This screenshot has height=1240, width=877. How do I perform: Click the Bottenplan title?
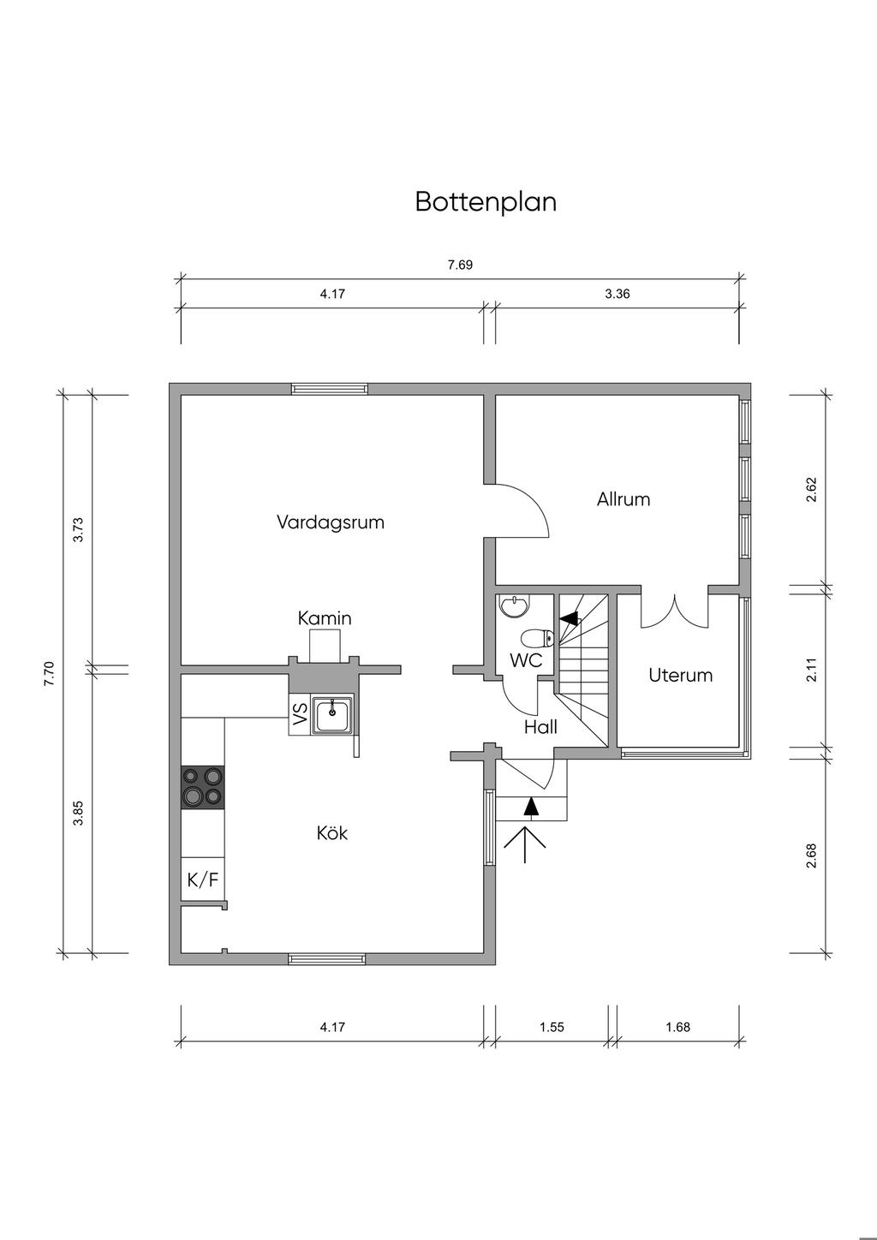point(486,202)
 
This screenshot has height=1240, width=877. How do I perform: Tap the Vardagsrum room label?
point(330,522)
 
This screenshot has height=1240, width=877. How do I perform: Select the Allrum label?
point(623,499)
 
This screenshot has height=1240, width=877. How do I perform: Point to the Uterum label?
point(680,675)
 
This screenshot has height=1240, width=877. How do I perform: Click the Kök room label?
point(332,833)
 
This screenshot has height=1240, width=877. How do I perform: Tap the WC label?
point(526,661)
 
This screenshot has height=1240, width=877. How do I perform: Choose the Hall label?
point(540,727)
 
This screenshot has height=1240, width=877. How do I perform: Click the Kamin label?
point(325,618)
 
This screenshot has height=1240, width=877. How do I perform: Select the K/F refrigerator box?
point(203,879)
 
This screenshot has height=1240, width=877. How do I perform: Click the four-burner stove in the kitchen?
point(203,786)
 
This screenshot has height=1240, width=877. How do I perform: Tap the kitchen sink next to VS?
point(332,714)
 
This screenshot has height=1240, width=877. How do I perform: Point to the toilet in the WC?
point(539,638)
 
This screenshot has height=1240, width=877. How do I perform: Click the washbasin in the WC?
point(514,606)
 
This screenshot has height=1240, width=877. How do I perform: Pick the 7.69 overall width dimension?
point(460,265)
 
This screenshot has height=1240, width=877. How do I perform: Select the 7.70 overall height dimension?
point(49,673)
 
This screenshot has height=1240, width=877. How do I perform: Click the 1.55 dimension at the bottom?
point(552,1027)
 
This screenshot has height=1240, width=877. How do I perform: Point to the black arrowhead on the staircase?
point(567,617)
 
